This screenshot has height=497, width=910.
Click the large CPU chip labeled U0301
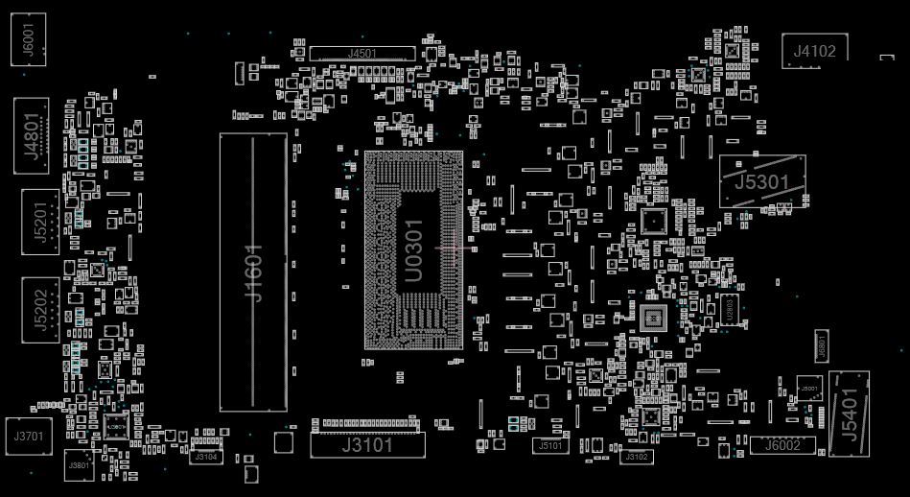click(x=413, y=249)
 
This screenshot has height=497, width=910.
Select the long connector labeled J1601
click(x=253, y=272)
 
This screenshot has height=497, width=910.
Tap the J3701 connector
click(x=28, y=437)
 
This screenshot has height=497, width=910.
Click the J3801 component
click(x=79, y=466)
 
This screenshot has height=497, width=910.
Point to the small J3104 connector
click(x=206, y=457)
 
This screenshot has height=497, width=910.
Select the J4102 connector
click(x=814, y=51)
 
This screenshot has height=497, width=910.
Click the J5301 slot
click(x=762, y=180)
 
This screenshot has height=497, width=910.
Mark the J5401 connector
click(x=849, y=407)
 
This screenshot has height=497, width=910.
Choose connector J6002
click(x=782, y=444)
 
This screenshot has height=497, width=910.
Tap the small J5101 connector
click(x=550, y=445)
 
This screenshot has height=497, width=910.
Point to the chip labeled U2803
click(x=730, y=310)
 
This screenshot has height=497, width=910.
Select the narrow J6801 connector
click(x=821, y=347)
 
